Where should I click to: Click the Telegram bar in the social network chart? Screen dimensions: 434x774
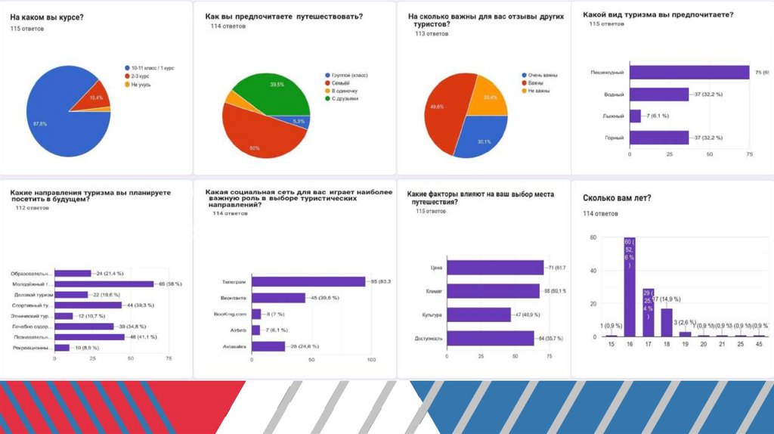pos(308,282)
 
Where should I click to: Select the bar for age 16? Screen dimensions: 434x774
pos(629,287)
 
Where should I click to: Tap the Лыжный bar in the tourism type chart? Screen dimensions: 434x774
pos(635,116)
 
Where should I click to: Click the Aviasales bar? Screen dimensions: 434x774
pos(268,346)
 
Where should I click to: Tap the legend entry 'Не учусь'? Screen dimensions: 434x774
pos(141,84)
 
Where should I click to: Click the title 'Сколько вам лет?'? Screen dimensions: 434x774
pos(617,198)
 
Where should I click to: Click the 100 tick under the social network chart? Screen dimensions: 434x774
pos(371,359)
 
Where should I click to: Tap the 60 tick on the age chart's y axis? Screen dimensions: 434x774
pos(593,237)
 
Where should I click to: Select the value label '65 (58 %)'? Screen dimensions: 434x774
pos(169,284)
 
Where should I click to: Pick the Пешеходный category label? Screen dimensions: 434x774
pos(607,73)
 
